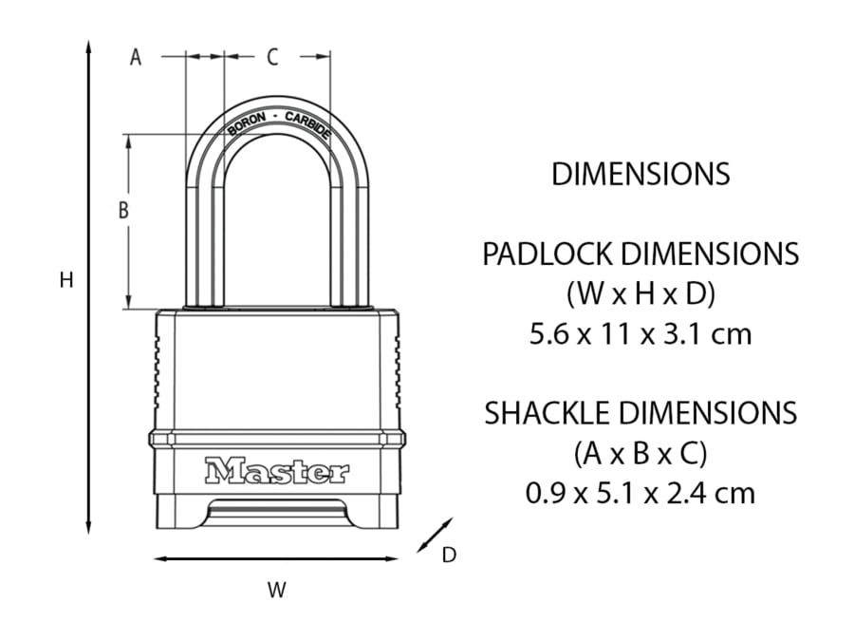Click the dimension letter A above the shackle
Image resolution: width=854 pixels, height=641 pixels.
136,58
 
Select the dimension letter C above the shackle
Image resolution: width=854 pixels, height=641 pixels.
272,58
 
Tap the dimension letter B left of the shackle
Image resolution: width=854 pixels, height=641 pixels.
122,211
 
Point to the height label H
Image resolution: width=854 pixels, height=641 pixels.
65,280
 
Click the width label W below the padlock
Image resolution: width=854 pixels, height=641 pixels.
275,590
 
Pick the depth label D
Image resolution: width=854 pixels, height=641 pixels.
449,556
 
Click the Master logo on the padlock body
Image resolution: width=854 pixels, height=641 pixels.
276,470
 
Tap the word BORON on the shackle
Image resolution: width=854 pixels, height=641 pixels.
246,124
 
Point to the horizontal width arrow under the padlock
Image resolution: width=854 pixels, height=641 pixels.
275,558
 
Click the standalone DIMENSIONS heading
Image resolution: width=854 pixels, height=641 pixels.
640,175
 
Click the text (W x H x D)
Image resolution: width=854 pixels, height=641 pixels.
640,294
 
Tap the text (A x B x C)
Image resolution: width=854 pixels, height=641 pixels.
640,454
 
